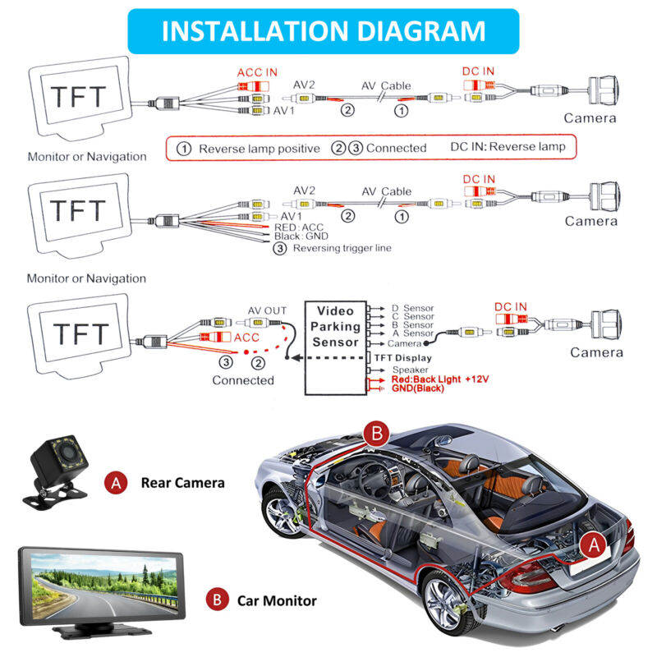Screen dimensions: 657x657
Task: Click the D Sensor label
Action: (x=412, y=308)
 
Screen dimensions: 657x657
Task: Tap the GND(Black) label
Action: (x=418, y=388)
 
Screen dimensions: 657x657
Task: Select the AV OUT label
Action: (x=268, y=310)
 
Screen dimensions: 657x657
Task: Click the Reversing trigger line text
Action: (x=342, y=248)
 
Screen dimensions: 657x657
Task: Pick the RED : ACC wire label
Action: (x=301, y=227)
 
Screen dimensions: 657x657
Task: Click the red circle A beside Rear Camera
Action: (x=117, y=483)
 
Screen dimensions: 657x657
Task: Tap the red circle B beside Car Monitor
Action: (x=216, y=600)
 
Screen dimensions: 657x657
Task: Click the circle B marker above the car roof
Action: (x=376, y=434)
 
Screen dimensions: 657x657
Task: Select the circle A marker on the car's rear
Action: (x=593, y=544)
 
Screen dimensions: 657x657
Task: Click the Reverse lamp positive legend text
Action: (x=259, y=149)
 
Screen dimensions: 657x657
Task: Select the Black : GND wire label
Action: (x=301, y=237)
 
